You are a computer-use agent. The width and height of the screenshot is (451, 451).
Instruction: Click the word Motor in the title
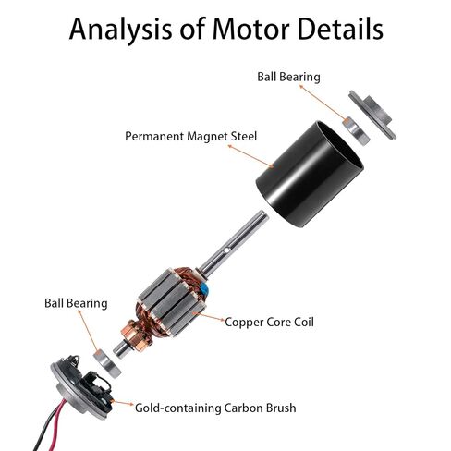[x=250, y=29]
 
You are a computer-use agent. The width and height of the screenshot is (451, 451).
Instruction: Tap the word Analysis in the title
[x=120, y=30]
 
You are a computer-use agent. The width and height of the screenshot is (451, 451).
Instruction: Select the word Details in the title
[x=340, y=29]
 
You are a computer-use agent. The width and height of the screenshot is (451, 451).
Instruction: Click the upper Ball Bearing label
[x=288, y=77]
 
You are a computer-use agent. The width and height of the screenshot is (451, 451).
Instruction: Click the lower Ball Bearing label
[x=76, y=303]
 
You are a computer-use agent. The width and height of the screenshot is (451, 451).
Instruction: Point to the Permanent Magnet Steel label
[x=190, y=136]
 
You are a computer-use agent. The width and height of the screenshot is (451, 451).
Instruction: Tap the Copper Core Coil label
[x=269, y=323]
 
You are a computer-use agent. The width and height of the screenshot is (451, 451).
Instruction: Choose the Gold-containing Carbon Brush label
[x=215, y=408]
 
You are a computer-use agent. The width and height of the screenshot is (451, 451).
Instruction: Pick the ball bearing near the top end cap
[x=356, y=131]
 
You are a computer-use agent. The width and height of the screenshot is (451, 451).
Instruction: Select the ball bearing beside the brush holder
[x=107, y=364]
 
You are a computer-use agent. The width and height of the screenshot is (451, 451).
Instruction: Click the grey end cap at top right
[x=372, y=115]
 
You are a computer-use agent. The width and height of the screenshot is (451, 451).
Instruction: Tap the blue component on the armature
[x=203, y=289]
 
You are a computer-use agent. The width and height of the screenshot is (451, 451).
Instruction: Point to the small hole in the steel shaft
[x=226, y=250]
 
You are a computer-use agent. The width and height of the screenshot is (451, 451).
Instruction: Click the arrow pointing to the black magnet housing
[x=250, y=156]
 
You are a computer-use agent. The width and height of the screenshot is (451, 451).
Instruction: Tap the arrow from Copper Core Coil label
[x=209, y=317]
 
